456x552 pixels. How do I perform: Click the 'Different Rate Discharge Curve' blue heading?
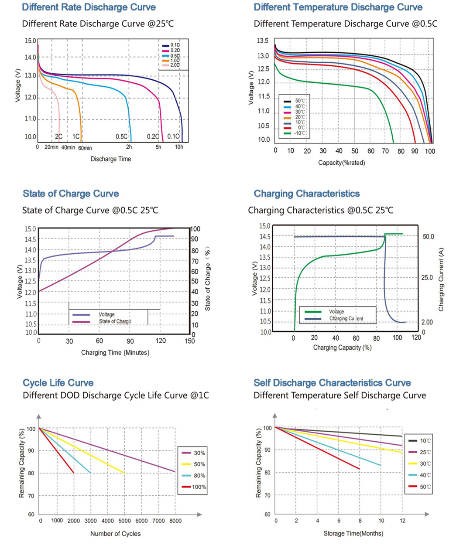[89, 7]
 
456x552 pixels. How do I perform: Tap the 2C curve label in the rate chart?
[58, 136]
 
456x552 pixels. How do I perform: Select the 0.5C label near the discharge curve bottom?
[122, 136]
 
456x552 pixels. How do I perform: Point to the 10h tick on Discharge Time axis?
[179, 147]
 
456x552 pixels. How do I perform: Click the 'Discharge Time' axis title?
[110, 159]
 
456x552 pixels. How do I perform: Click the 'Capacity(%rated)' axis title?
[341, 163]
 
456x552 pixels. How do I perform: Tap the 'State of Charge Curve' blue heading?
[71, 194]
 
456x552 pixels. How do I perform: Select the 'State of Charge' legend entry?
[115, 321]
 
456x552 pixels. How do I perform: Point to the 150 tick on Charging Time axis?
[189, 341]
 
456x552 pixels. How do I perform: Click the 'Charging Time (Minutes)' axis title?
[115, 352]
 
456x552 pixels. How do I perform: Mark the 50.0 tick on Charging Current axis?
[428, 236]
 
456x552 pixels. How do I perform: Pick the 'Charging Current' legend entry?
[346, 318]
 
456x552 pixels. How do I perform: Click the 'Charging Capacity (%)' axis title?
[342, 348]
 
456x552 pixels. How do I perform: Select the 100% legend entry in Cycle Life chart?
[199, 487]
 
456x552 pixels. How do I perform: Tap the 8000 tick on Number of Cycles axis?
[175, 521]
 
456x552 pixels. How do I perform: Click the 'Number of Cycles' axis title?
[115, 534]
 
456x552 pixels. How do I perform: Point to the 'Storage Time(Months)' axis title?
[353, 533]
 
